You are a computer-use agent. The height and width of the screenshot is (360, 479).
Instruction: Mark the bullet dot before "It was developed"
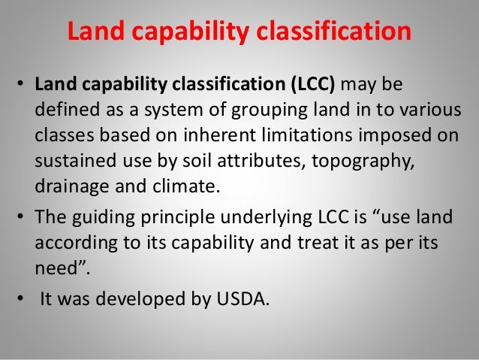point(20,298)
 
